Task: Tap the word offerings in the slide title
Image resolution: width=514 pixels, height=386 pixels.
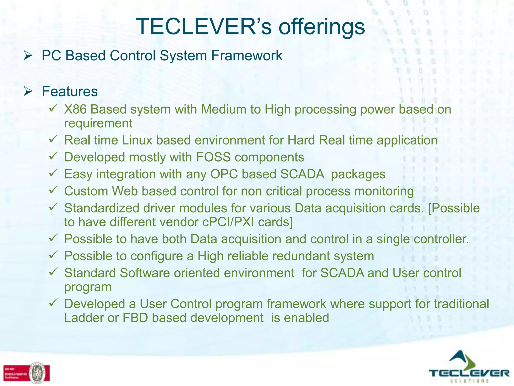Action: click(322, 27)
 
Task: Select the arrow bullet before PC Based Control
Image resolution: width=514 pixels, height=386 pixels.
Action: click(28, 56)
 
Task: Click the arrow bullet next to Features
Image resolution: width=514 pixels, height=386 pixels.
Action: click(28, 91)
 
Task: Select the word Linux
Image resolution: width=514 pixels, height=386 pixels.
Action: click(137, 140)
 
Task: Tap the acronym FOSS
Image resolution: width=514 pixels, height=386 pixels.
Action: click(213, 157)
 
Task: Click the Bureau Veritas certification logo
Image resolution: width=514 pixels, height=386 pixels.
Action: click(26, 373)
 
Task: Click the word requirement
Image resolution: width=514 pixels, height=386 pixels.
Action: click(98, 123)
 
